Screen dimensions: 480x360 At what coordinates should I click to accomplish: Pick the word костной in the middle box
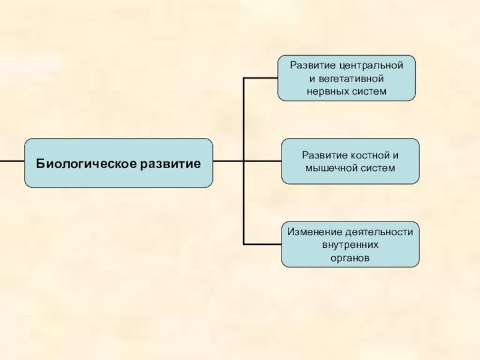(366, 155)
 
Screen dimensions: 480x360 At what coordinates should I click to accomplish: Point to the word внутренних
(350, 245)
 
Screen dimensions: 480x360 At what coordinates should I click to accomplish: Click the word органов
(350, 258)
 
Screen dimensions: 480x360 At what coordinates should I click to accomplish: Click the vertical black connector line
(243, 120)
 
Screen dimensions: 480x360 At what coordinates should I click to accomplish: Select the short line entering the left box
(12, 161)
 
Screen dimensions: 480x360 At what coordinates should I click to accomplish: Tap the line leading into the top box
(260, 77)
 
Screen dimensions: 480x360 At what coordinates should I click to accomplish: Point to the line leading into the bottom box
(263, 244)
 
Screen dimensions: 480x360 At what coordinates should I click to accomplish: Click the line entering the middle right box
(264, 161)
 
